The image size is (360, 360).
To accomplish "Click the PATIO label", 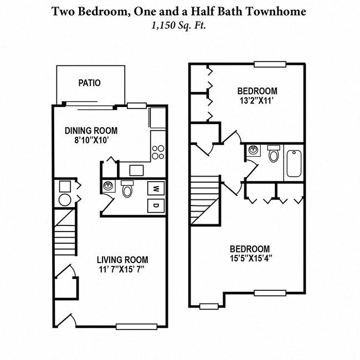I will point(89,83).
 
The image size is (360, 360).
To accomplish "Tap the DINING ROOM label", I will point(91,131).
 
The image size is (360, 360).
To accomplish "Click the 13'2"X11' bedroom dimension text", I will point(258,101).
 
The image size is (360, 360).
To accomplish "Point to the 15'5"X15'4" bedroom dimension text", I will point(250,258).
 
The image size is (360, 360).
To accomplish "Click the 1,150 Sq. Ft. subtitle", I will point(179,24).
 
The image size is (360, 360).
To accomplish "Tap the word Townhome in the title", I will point(277,11).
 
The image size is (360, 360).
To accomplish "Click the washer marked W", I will point(156,188).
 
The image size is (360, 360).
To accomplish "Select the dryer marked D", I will point(156,206).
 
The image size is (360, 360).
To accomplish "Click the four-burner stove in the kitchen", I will point(158,151).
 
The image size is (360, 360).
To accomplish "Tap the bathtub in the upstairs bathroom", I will point(294,163).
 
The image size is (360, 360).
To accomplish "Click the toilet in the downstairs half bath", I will point(127,191).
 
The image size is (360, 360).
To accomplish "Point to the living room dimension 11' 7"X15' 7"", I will point(122,270).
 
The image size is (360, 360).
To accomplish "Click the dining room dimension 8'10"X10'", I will point(91,141).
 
